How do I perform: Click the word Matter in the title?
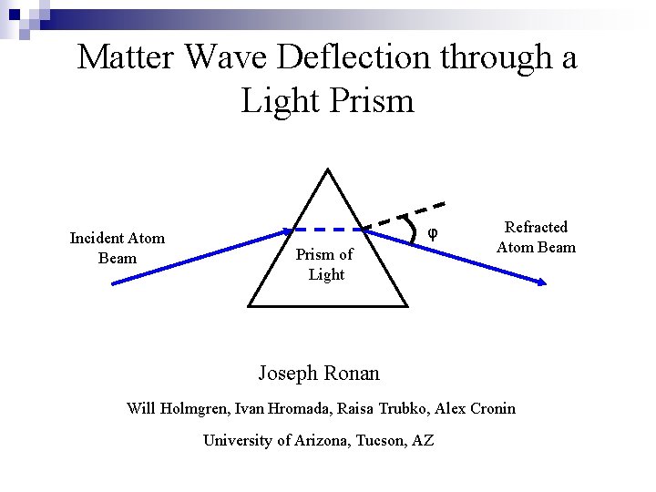pos(127,57)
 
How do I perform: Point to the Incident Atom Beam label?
pos(118,248)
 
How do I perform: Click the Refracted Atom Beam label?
pos(536,237)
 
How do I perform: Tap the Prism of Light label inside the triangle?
pos(324,264)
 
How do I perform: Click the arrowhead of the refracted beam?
pos(542,283)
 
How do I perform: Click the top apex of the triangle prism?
pos(327,169)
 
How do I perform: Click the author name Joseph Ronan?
pos(319,373)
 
